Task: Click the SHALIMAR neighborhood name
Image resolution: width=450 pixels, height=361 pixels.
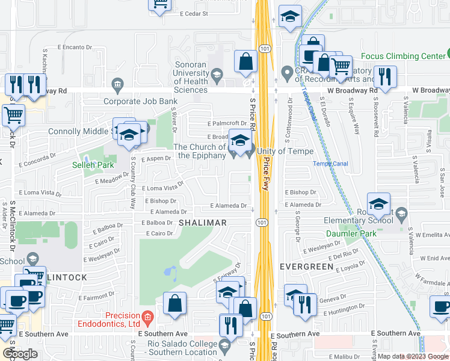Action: [203, 223]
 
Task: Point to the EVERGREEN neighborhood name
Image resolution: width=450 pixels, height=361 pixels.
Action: [306, 266]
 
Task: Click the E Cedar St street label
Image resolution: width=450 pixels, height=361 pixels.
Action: [194, 13]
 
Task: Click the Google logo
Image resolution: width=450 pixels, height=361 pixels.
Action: [20, 354]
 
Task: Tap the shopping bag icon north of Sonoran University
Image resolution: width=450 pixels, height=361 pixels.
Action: [246, 61]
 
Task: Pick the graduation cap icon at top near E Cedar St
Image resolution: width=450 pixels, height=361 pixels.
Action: [290, 18]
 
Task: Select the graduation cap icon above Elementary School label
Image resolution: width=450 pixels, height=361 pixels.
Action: [378, 205]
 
